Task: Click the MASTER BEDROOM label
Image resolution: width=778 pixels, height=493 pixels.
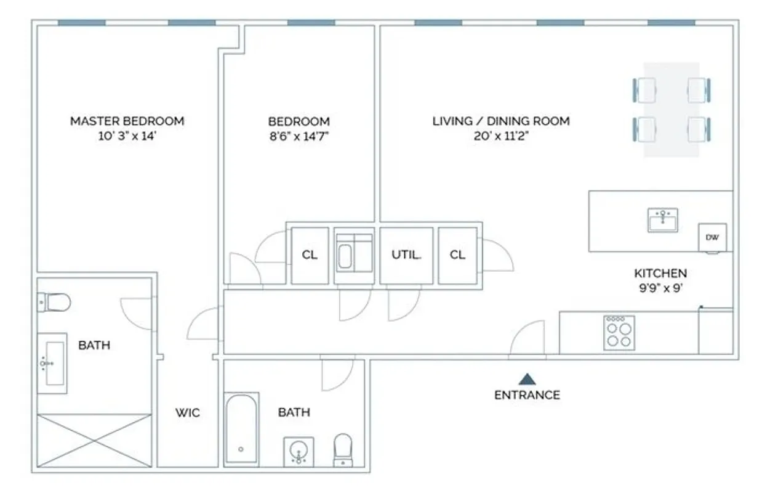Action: pos(127,121)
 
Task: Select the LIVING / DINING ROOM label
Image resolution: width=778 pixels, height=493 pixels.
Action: pos(500,121)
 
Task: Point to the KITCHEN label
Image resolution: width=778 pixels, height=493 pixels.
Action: pos(660,273)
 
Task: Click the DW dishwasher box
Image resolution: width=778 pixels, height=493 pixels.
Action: pos(712,237)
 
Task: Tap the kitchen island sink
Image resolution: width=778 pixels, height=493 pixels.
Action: pos(662,220)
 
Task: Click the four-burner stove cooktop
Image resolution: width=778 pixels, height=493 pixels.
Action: pos(619,333)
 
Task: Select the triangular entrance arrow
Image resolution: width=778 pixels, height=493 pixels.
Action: pos(527,379)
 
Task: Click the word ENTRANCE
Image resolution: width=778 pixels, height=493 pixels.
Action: pos(527,395)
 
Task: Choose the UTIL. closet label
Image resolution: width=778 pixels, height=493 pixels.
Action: pos(406,255)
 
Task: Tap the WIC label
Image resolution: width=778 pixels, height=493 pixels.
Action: pos(187,413)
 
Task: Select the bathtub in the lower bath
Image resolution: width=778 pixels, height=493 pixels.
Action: pos(241,429)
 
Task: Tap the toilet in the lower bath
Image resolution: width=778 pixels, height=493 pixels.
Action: pos(343,450)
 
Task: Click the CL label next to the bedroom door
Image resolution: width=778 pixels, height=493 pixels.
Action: pos(310,255)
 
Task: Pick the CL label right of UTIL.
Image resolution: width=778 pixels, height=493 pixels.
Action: pos(457,255)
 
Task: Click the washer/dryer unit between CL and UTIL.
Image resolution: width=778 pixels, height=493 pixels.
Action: pos(353,255)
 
